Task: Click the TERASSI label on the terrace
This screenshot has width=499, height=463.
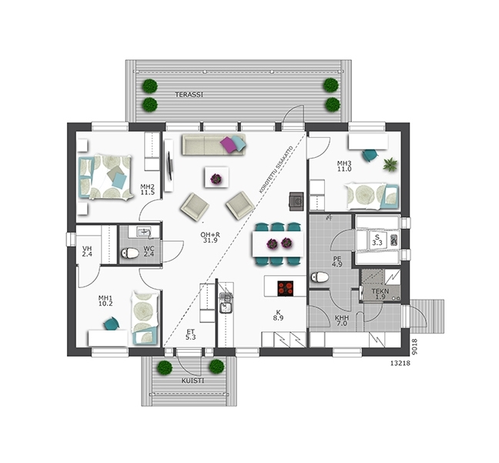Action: pos(189,95)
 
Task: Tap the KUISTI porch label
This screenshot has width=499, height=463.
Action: pos(193,381)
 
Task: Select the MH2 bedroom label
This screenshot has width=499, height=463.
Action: pos(147,186)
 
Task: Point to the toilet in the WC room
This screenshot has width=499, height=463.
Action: pos(130,253)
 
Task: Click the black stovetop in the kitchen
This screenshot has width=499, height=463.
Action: pos(285,289)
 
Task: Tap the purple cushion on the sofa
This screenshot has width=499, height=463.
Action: pos(228,144)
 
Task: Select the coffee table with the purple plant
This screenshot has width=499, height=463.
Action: pos(216,177)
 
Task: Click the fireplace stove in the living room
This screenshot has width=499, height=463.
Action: pos(296,201)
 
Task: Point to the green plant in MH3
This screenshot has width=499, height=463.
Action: pos(390,165)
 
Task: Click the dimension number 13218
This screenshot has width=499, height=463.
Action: pos(400,363)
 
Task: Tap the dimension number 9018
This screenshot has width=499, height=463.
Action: pos(414,347)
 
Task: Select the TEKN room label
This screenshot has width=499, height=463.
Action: pos(380,291)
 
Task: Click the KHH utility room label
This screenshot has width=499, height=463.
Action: pos(341,318)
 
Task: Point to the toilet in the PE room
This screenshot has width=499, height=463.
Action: pos(320,277)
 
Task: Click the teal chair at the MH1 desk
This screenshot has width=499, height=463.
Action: pos(112,324)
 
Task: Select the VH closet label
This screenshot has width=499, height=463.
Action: pos(87,249)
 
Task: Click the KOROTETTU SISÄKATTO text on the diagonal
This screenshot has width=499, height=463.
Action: pos(276,169)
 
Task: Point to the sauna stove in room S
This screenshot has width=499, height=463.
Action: pos(394,240)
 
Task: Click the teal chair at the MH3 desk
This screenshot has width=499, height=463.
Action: pos(370,155)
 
